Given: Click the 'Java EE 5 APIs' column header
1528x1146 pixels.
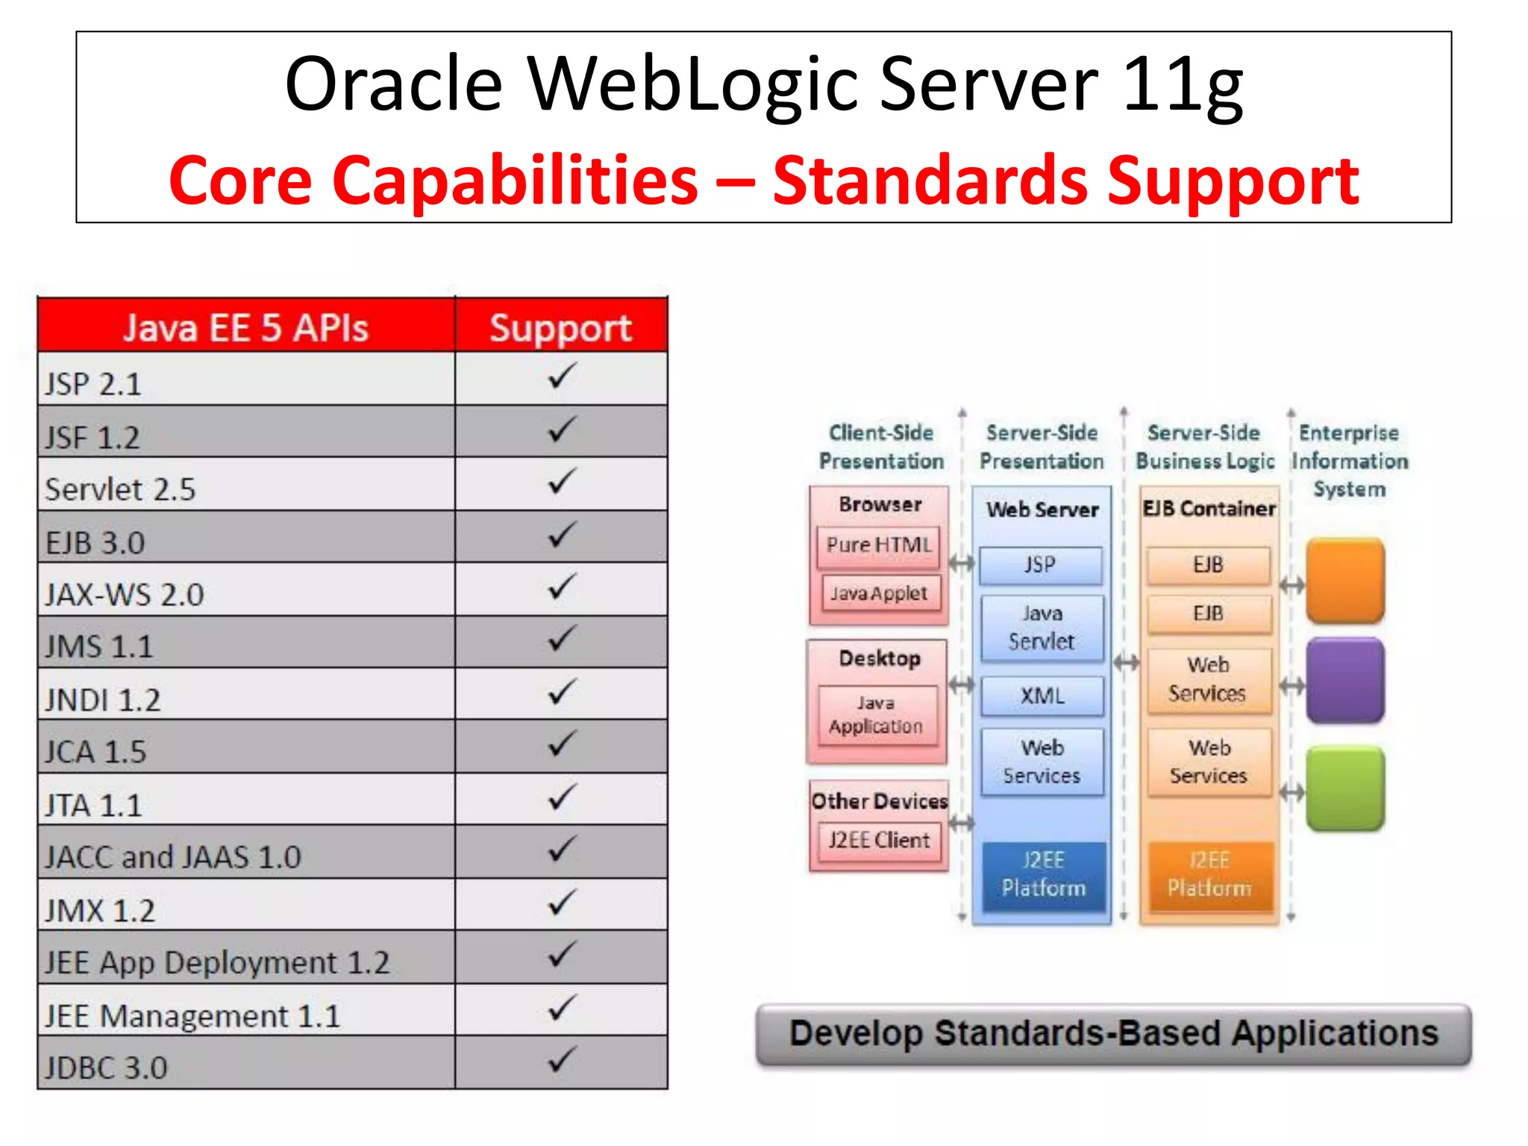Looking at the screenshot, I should pyautogui.click(x=245, y=328).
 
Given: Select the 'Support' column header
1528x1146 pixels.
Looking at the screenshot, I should pyautogui.click(x=560, y=328).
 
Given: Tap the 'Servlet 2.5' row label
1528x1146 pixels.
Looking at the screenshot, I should pyautogui.click(x=120, y=489).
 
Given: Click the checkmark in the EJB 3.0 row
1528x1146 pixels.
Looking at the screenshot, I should pyautogui.click(x=562, y=535).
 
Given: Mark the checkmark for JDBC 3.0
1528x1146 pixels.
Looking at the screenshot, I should pyautogui.click(x=562, y=1059).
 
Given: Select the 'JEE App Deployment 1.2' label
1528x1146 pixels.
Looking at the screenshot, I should pyautogui.click(x=216, y=962).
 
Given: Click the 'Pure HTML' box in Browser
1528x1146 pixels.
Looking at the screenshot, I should pyautogui.click(x=879, y=545).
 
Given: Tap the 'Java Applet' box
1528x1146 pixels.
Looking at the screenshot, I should pyautogui.click(x=879, y=593).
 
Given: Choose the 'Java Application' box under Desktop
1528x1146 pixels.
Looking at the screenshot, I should pyautogui.click(x=877, y=715).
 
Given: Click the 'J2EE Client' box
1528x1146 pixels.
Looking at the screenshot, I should pyautogui.click(x=879, y=840).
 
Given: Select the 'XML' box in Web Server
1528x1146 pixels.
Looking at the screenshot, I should pyautogui.click(x=1042, y=695).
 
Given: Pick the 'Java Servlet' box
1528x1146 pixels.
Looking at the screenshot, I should pyautogui.click(x=1042, y=627).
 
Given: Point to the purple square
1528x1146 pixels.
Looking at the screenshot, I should pyautogui.click(x=1345, y=680).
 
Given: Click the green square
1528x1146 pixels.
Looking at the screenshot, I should pyautogui.click(x=1345, y=789).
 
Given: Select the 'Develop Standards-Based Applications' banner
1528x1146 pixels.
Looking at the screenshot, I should pyautogui.click(x=1113, y=1034).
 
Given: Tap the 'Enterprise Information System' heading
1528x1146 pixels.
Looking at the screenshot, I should pyautogui.click(x=1349, y=460).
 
